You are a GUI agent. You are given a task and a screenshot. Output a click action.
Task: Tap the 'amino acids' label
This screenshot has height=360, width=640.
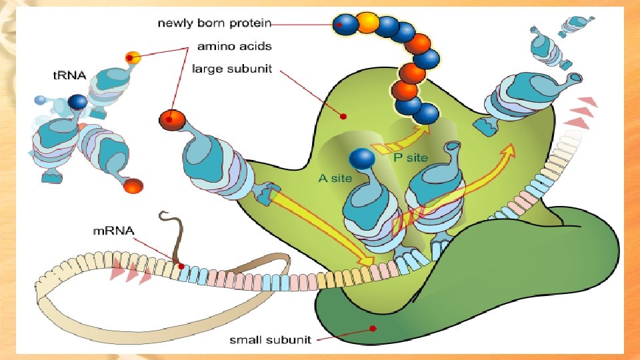tap(235, 47)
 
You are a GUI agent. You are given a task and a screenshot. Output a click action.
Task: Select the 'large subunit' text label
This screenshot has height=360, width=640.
tap(232, 69)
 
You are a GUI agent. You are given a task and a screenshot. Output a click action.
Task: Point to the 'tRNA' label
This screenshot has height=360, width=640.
tap(69, 75)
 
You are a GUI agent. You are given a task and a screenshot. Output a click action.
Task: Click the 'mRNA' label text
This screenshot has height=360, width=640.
tap(114, 231)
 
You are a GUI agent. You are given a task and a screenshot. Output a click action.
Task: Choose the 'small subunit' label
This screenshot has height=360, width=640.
tap(270, 340)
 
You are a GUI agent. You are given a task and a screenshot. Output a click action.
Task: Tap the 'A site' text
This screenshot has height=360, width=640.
tap(335, 178)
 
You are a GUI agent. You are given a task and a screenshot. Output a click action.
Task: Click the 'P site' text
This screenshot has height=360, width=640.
tap(409, 157)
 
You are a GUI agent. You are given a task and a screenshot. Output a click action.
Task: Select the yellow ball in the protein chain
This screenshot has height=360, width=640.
tap(367, 23)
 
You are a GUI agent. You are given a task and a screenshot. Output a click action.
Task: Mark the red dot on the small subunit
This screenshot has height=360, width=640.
tap(373, 328)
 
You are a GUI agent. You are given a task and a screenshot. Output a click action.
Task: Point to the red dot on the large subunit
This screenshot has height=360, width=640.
tap(343, 116)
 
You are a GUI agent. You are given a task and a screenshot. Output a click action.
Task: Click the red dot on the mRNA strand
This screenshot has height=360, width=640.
tap(181, 266)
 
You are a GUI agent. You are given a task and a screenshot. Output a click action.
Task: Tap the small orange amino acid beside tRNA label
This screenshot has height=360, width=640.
tap(133, 57)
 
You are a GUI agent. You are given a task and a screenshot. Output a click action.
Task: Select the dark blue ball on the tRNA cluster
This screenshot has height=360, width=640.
tap(78, 102)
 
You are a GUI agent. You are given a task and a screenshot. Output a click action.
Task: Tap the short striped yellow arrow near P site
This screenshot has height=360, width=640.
tap(383, 148)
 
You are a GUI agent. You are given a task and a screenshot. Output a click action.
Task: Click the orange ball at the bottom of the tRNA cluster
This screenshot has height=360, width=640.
tap(133, 186)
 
